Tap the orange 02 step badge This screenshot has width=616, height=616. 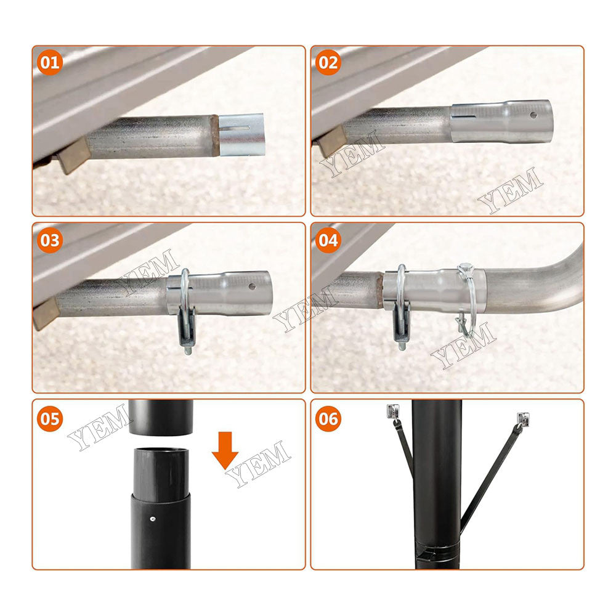pyautogui.click(x=328, y=63)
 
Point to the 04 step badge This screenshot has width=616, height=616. pyautogui.click(x=328, y=240)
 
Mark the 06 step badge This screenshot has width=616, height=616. pyautogui.click(x=328, y=419)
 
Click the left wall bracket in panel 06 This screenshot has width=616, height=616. pyautogui.click(x=392, y=411)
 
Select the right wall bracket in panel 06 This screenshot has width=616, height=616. pyautogui.click(x=524, y=419)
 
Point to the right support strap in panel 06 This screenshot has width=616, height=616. pyautogui.click(x=490, y=474)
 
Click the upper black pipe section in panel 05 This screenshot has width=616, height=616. pyautogui.click(x=162, y=418)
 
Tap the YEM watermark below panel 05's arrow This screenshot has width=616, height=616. pyautogui.click(x=259, y=465)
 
